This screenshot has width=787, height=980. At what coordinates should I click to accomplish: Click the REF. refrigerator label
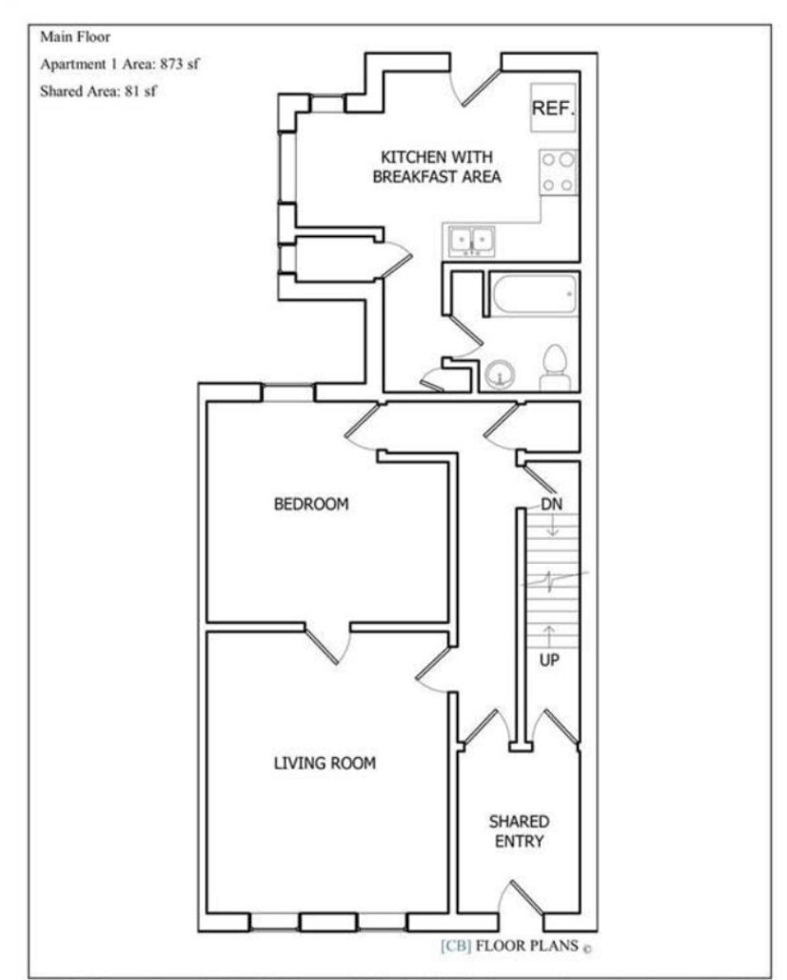(x=553, y=109)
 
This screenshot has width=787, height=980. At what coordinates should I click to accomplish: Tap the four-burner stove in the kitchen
(x=559, y=171)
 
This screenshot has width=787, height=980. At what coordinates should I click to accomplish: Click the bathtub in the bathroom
(x=534, y=293)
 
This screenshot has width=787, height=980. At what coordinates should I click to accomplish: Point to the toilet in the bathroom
(x=555, y=368)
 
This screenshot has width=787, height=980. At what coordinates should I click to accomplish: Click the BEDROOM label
(x=311, y=504)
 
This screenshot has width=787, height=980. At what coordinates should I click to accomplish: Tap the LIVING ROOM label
(x=325, y=763)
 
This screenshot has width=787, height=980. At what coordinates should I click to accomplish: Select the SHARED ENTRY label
(x=519, y=831)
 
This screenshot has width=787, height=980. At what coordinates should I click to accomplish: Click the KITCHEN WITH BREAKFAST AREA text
(x=437, y=167)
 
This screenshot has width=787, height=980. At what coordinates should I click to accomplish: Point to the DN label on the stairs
(x=551, y=504)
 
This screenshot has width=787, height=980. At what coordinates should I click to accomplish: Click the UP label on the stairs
(x=549, y=659)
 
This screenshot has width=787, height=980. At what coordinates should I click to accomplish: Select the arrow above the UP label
(x=549, y=636)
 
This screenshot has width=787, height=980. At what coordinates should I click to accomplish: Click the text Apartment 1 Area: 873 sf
(x=120, y=64)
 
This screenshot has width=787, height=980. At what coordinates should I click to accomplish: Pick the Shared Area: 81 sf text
(x=98, y=91)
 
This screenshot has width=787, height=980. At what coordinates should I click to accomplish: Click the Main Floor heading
(x=75, y=37)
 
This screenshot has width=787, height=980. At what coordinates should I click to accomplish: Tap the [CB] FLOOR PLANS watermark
(x=516, y=946)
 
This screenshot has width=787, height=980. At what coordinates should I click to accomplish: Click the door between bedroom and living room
(x=328, y=644)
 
